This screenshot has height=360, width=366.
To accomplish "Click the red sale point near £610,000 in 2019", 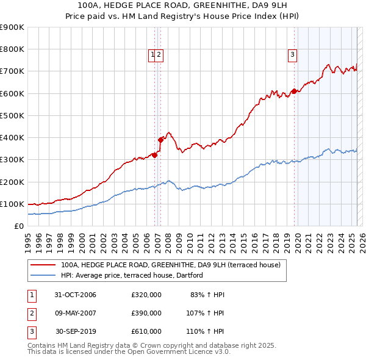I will tap(294, 91).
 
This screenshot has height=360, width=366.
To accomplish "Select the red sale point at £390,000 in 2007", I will tap(160, 140).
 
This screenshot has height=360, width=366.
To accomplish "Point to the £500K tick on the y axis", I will tap(13, 115).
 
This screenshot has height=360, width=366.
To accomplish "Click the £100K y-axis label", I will tap(13, 204).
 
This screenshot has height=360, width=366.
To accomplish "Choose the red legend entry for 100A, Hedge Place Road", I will tap(170, 265).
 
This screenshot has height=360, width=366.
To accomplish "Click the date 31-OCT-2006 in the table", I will tap(75, 295).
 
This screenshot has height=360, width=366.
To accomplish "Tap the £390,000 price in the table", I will tap(146, 313).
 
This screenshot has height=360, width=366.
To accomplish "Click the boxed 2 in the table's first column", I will tap(31, 313).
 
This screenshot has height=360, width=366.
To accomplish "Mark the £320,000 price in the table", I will tap(146, 295).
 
